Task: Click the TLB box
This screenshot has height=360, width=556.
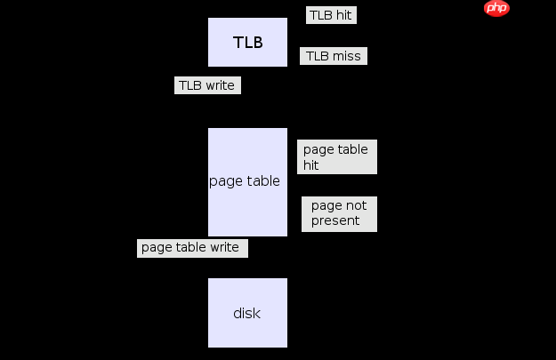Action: tap(248, 42)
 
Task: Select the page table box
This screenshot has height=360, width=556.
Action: tap(248, 181)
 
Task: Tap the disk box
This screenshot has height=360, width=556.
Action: tap(248, 313)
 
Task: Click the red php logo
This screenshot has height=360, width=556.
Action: tap(496, 8)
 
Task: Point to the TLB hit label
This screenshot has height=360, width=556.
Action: tap(330, 15)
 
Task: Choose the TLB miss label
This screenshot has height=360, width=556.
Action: tap(334, 56)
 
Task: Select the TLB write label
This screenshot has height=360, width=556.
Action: tap(206, 85)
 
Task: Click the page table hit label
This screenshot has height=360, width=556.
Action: tap(336, 157)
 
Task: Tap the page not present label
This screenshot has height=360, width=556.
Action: tap(339, 213)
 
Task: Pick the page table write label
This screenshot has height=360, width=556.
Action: tap(191, 247)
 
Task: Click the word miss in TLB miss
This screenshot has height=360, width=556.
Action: tap(347, 56)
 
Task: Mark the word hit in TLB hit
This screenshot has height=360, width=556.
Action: tap(344, 15)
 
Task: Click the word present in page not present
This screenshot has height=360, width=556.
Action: tap(335, 220)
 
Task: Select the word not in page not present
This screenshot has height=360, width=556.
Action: tap(355, 205)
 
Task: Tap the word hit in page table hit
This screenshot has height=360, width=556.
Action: tap(310, 165)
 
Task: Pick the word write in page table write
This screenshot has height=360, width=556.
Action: tap(224, 247)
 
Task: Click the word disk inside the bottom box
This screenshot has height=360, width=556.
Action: tap(247, 313)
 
